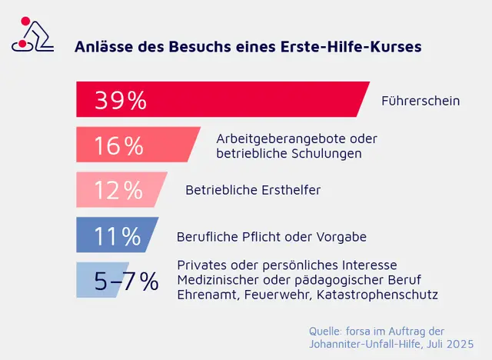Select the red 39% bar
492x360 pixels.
click(223, 100)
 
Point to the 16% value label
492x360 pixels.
click(118, 145)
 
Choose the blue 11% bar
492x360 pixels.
click(117, 235)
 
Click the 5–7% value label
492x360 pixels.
click(126, 282)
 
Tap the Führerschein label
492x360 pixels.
click(421, 101)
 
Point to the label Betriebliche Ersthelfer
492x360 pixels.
click(253, 190)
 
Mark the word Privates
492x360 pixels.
click(201, 263)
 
